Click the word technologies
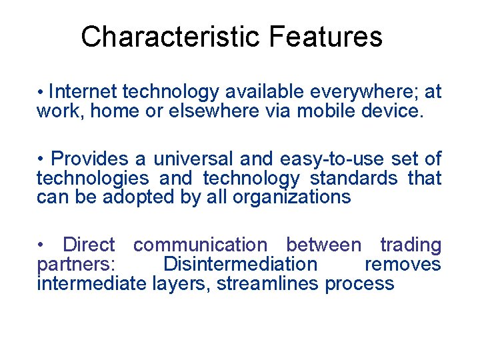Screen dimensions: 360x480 [93, 178]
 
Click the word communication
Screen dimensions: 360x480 [199, 245]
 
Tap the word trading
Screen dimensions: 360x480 [411, 245]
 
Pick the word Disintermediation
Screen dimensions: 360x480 [241, 264]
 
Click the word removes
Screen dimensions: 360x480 [403, 264]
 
